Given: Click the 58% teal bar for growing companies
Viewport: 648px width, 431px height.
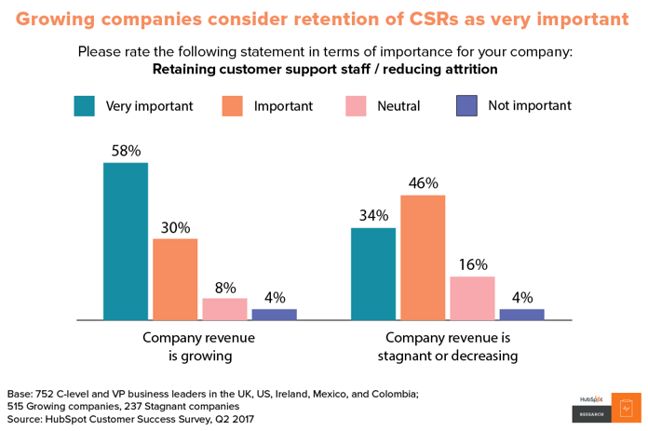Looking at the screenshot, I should tap(126, 241).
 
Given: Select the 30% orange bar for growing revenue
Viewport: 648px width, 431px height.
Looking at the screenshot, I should tap(175, 279).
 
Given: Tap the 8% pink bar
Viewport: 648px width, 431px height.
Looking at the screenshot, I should tap(224, 309).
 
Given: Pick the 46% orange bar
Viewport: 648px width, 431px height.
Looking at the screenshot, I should tap(423, 258).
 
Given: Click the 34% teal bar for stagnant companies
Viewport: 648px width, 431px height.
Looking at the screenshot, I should tap(373, 274).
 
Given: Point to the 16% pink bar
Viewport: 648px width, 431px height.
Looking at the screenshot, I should tap(472, 298).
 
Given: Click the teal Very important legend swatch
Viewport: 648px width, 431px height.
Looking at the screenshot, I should tap(85, 105).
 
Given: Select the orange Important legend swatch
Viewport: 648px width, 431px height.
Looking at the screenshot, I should tap(232, 105).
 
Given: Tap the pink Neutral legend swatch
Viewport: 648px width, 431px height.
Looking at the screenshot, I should tap(356, 105).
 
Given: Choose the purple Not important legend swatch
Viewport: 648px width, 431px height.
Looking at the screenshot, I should tap(466, 105).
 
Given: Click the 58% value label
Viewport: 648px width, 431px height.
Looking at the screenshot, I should tap(126, 151).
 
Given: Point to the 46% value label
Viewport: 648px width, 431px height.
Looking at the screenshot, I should tap(423, 183).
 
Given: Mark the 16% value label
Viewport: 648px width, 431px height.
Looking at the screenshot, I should tap(472, 264).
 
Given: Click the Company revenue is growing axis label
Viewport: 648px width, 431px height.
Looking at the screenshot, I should tap(198, 346).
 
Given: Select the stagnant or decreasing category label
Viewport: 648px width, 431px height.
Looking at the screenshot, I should tap(448, 356).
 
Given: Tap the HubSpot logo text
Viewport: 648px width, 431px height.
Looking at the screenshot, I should tap(590, 399).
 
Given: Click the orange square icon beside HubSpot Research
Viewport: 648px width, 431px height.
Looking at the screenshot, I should tap(626, 408).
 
